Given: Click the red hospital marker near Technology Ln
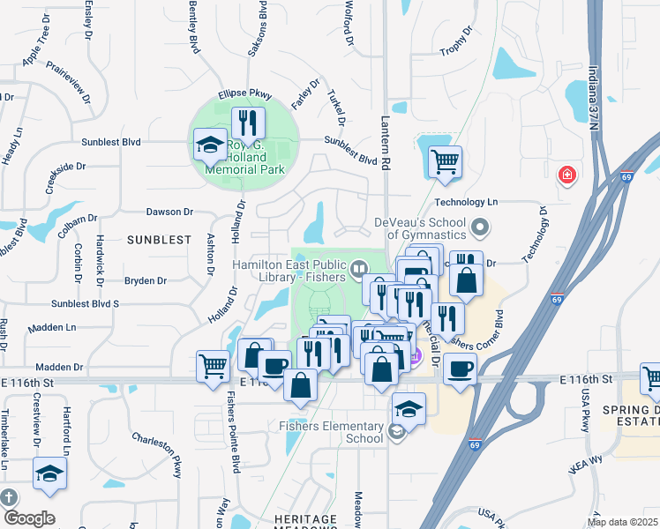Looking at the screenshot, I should click(x=566, y=175).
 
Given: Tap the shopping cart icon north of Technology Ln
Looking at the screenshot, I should click(x=445, y=162).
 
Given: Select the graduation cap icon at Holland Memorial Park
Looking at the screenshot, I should click(x=210, y=144).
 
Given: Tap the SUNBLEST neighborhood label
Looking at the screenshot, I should click(x=159, y=240).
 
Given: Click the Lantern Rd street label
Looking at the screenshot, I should click(x=386, y=142).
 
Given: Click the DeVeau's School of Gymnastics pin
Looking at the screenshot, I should click(x=480, y=228).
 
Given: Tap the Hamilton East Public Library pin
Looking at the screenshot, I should click(x=358, y=268).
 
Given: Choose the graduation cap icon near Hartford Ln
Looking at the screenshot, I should click(x=49, y=474).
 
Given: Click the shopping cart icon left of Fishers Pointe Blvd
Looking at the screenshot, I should click(x=213, y=365).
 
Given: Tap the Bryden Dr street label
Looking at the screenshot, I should click(x=146, y=281).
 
